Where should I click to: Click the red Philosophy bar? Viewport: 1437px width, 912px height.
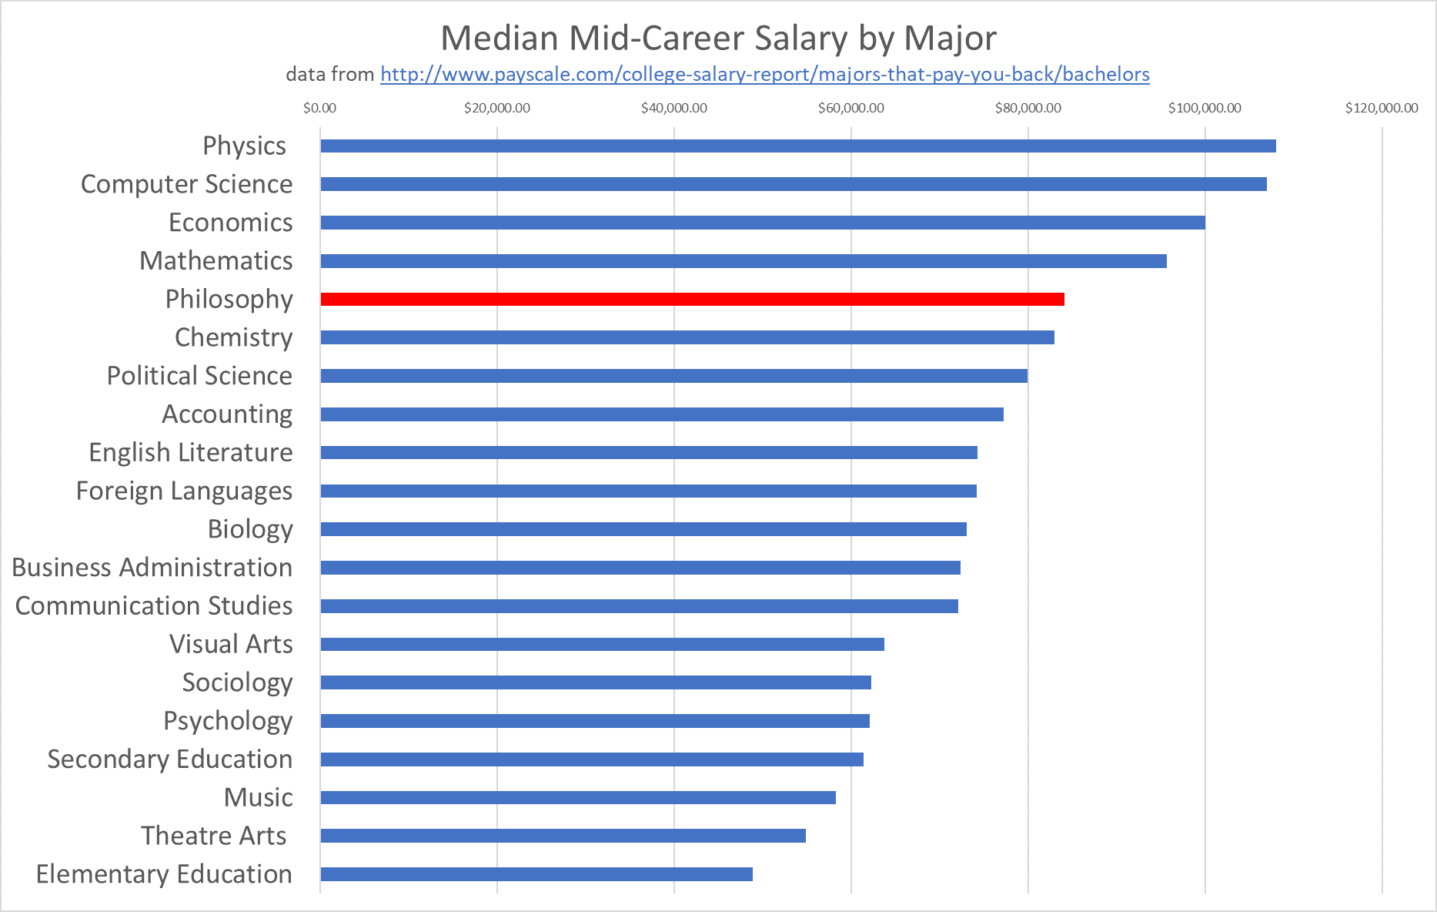point(692,299)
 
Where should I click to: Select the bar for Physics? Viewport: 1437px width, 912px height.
point(797,146)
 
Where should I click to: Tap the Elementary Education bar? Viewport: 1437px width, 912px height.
point(536,873)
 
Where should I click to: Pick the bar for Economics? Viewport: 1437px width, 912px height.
point(762,223)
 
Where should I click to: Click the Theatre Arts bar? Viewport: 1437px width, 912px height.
point(563,836)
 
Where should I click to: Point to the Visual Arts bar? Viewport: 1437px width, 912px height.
point(602,644)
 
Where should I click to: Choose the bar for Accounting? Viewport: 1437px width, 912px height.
point(661,414)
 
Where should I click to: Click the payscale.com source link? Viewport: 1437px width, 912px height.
point(764,74)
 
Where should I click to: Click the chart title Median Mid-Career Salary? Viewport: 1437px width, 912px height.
point(718,38)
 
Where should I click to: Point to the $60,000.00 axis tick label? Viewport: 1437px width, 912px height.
point(851,108)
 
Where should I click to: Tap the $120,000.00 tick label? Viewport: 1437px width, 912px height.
point(1381,108)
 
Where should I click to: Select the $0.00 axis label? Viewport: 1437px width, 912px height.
point(319,108)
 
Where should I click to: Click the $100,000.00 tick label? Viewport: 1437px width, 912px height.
point(1204,108)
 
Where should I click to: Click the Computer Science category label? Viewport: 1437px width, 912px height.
point(186,184)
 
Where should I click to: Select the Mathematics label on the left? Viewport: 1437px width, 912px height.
point(216,260)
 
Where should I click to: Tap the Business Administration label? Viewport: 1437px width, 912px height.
point(152,567)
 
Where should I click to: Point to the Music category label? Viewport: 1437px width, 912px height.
point(258,797)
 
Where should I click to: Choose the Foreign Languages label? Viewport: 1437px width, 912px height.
point(184,491)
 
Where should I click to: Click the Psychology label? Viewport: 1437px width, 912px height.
point(228,720)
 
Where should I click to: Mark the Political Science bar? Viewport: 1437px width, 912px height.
point(673,376)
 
